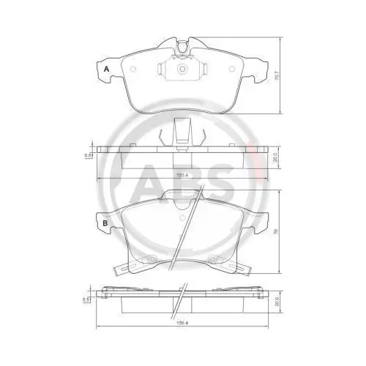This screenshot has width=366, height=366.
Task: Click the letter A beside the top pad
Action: click(107, 69)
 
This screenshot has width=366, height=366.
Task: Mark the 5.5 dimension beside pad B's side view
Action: click(88, 300)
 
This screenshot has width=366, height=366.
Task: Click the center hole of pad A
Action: click(182, 70)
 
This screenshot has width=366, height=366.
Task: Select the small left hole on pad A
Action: click(133, 70)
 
